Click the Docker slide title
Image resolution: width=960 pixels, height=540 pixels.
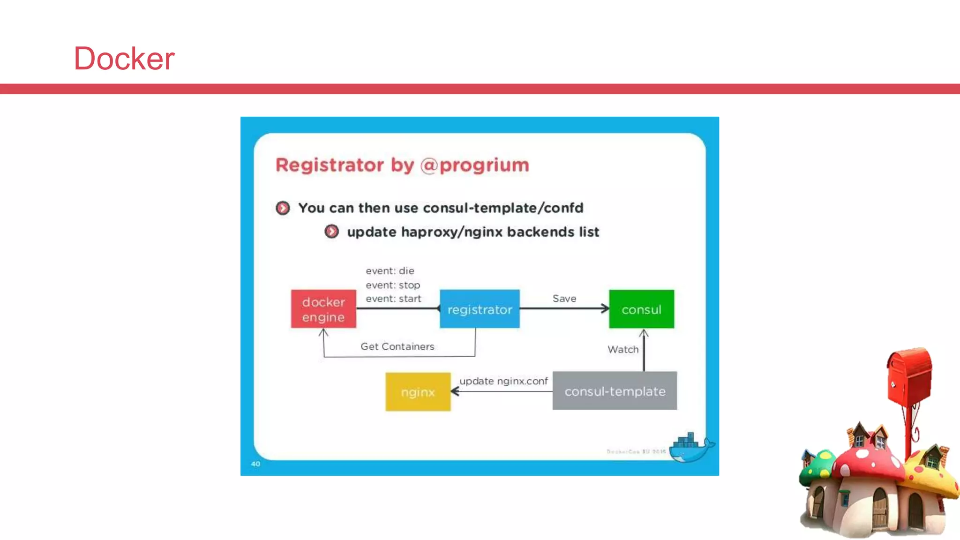click(x=124, y=59)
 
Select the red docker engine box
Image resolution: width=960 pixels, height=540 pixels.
click(x=323, y=309)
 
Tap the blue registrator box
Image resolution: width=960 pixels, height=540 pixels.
click(x=480, y=309)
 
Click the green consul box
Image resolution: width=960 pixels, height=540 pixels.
click(x=641, y=309)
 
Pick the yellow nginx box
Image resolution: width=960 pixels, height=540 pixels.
click(x=418, y=392)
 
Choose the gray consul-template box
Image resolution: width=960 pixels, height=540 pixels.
click(x=615, y=391)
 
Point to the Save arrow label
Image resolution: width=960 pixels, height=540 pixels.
click(x=564, y=299)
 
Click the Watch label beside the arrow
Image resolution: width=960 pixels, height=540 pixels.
click(x=623, y=350)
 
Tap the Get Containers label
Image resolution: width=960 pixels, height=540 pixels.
click(x=397, y=346)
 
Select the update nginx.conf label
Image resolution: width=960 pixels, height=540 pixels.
click(x=503, y=381)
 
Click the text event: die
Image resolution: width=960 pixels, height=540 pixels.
click(x=390, y=271)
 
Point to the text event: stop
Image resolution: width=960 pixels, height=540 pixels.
click(x=393, y=285)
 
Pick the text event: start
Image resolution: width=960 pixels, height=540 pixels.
click(x=393, y=299)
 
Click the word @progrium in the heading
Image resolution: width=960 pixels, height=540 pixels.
click(x=475, y=165)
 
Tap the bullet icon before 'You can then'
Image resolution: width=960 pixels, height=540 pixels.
click(x=283, y=208)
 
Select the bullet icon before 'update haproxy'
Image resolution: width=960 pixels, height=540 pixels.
click(x=331, y=232)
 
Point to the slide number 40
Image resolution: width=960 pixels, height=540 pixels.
click(x=255, y=464)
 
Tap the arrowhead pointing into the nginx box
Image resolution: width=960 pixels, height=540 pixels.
click(x=454, y=391)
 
